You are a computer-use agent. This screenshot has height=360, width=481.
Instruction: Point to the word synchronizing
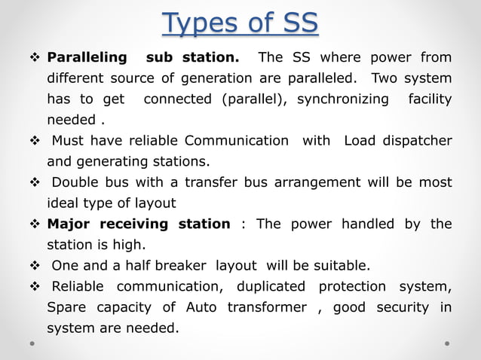coord(343,99)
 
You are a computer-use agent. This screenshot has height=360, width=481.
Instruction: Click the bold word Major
coord(70,224)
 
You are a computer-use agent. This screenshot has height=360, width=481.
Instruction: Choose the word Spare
coord(66,307)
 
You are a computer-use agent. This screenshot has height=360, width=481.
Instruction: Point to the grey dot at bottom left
coord(34,343)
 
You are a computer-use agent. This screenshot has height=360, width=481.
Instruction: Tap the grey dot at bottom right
coord(447,343)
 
